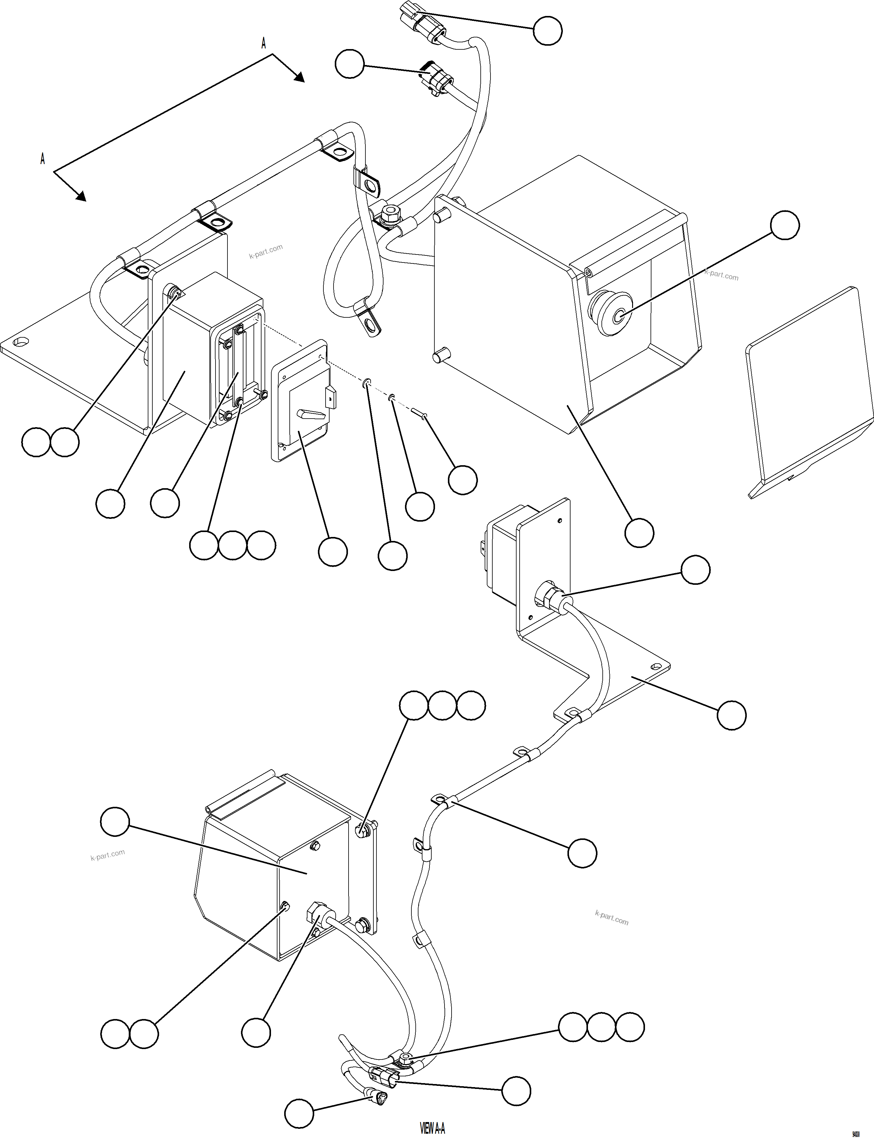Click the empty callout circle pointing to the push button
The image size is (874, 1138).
[784, 225]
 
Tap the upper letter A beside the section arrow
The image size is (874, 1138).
[263, 44]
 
